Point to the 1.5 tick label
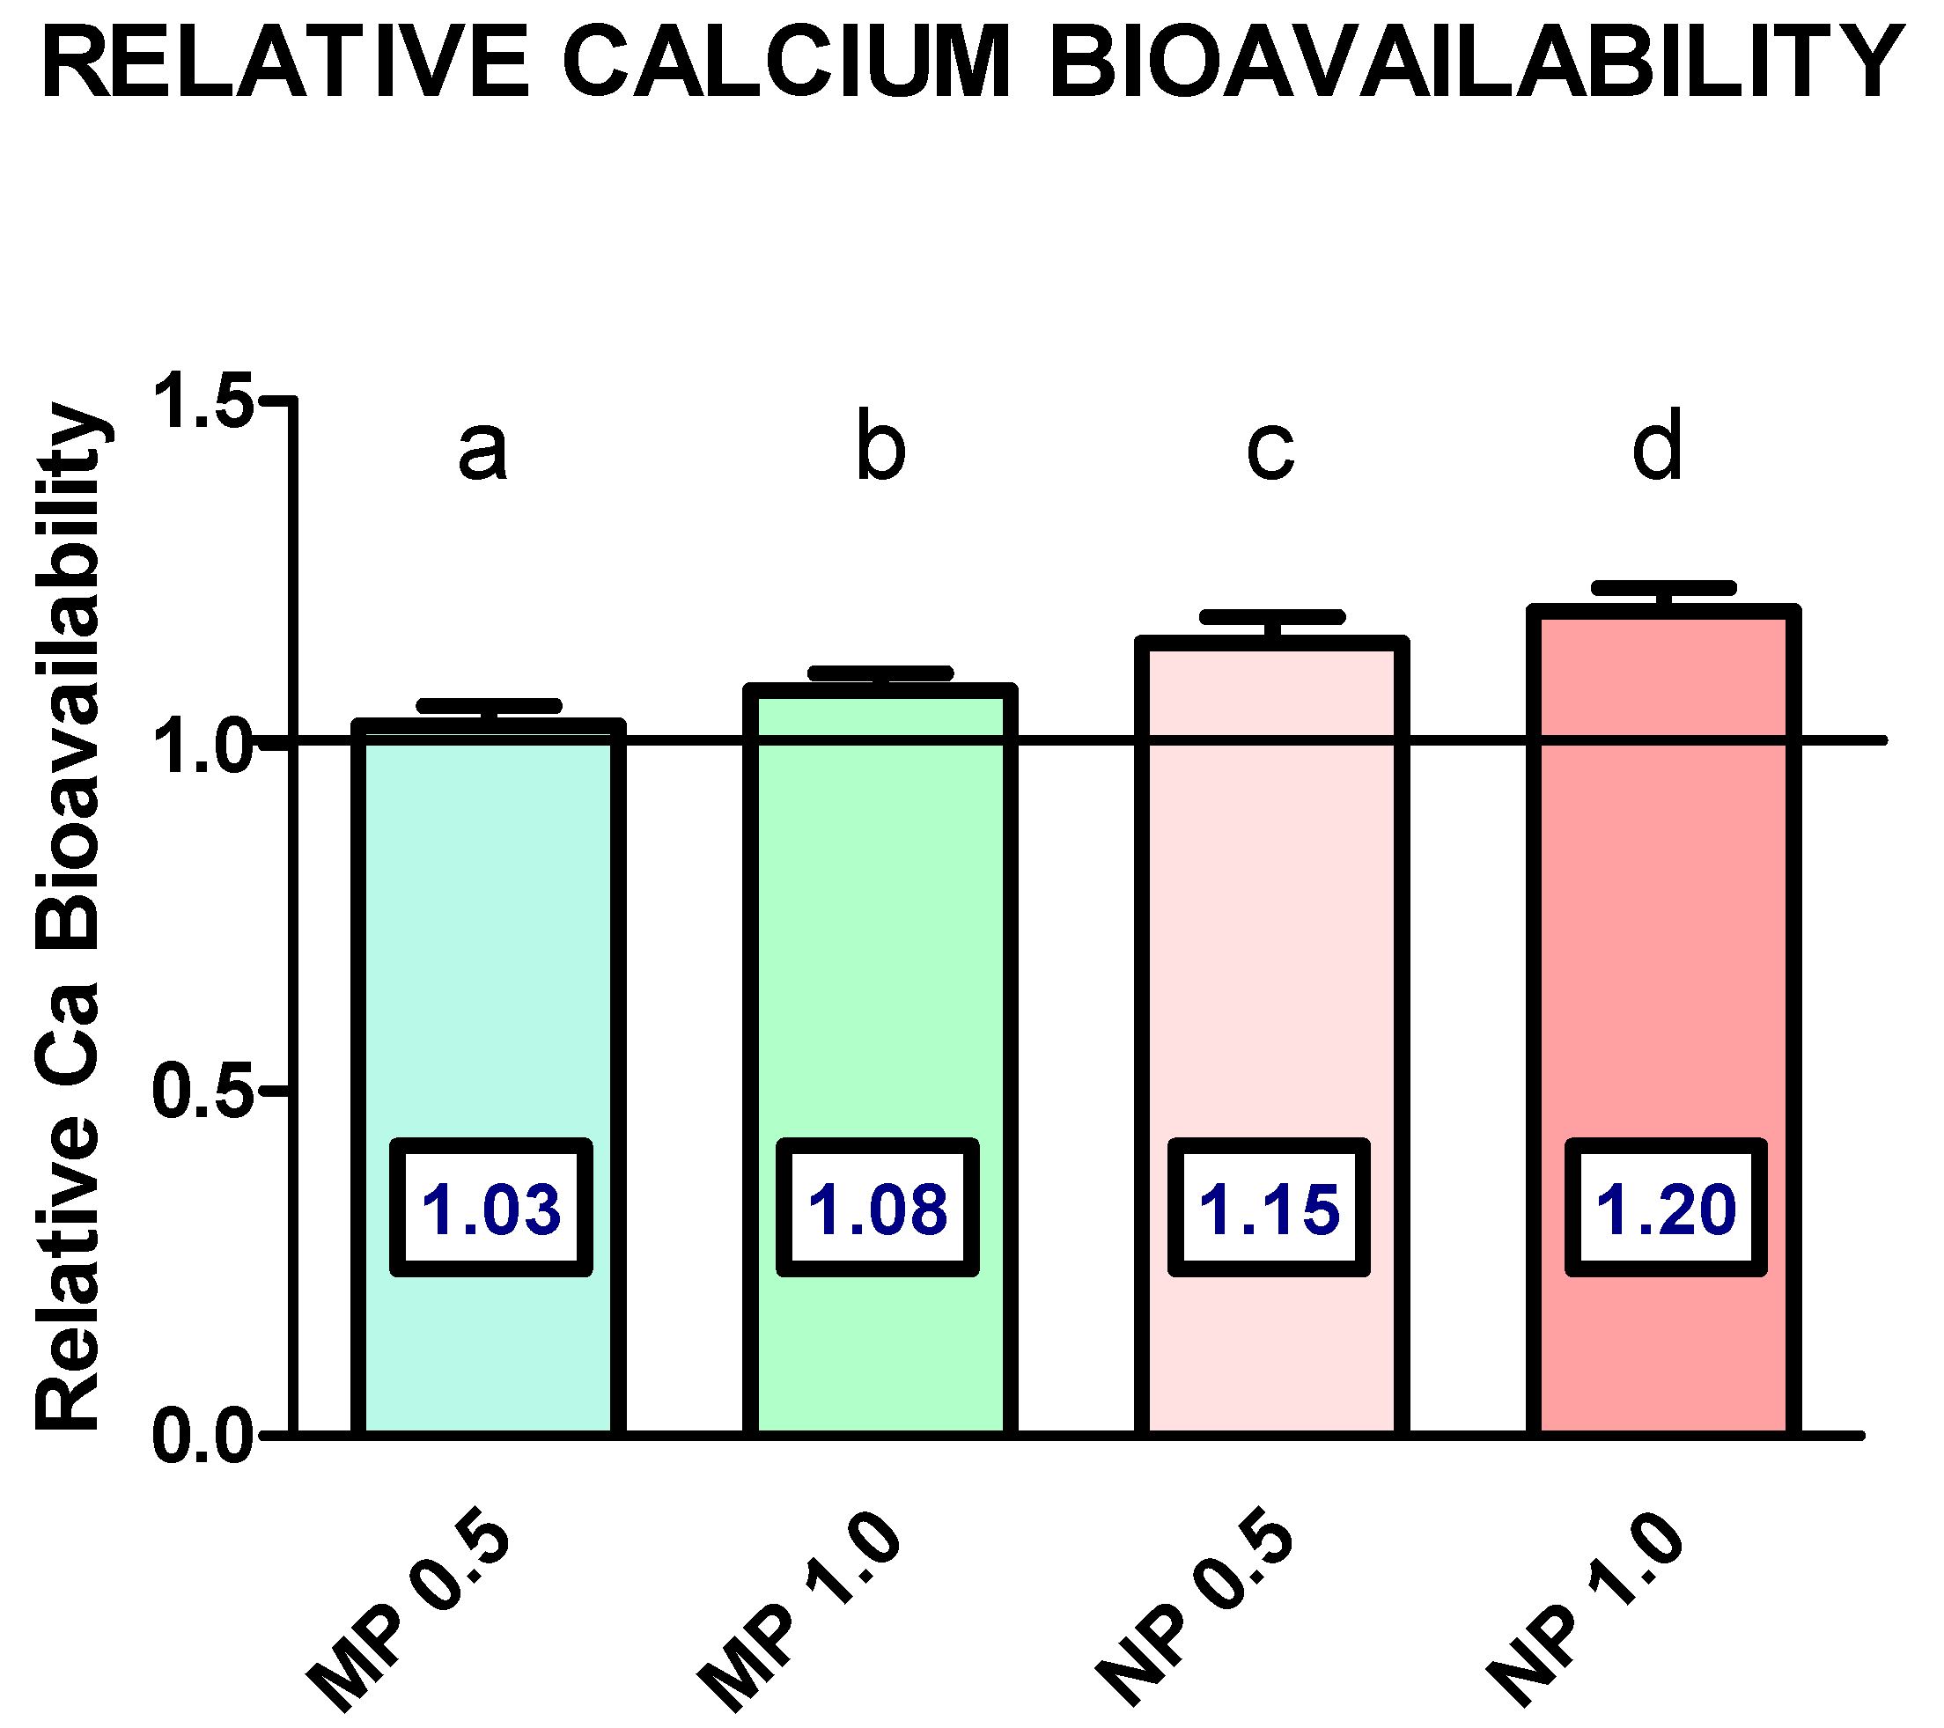point(202,401)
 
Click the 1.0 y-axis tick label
point(202,747)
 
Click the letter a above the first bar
point(482,449)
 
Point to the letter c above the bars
point(1270,449)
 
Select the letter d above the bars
point(1658,445)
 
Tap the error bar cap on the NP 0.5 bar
point(1272,617)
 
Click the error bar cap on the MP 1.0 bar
point(880,673)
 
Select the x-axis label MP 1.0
point(799,1607)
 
